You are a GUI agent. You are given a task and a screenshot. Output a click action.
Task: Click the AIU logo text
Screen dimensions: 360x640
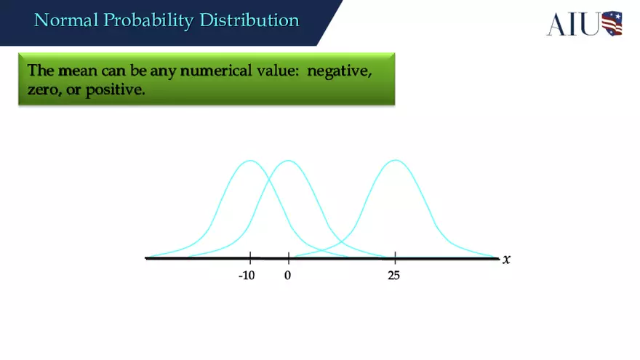(573, 23)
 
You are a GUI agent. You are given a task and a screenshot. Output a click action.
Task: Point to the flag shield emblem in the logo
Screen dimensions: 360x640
(612, 23)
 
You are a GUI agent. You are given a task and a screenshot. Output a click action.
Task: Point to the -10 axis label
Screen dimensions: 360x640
(247, 276)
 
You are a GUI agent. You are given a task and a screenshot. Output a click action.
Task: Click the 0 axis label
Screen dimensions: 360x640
(288, 276)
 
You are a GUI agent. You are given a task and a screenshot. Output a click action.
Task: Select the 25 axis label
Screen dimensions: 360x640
(394, 276)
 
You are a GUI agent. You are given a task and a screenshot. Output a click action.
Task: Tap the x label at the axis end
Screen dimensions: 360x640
(506, 259)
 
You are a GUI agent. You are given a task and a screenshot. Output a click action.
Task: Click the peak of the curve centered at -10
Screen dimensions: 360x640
(250, 161)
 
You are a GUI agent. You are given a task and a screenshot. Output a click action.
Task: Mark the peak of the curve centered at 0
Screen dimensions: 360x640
(288, 161)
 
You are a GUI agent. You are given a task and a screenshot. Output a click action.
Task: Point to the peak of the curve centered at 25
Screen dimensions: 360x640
(395, 161)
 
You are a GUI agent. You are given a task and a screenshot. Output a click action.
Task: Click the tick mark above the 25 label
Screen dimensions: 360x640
(395, 257)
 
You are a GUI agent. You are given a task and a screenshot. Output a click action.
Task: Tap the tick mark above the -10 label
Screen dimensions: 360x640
(250, 257)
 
